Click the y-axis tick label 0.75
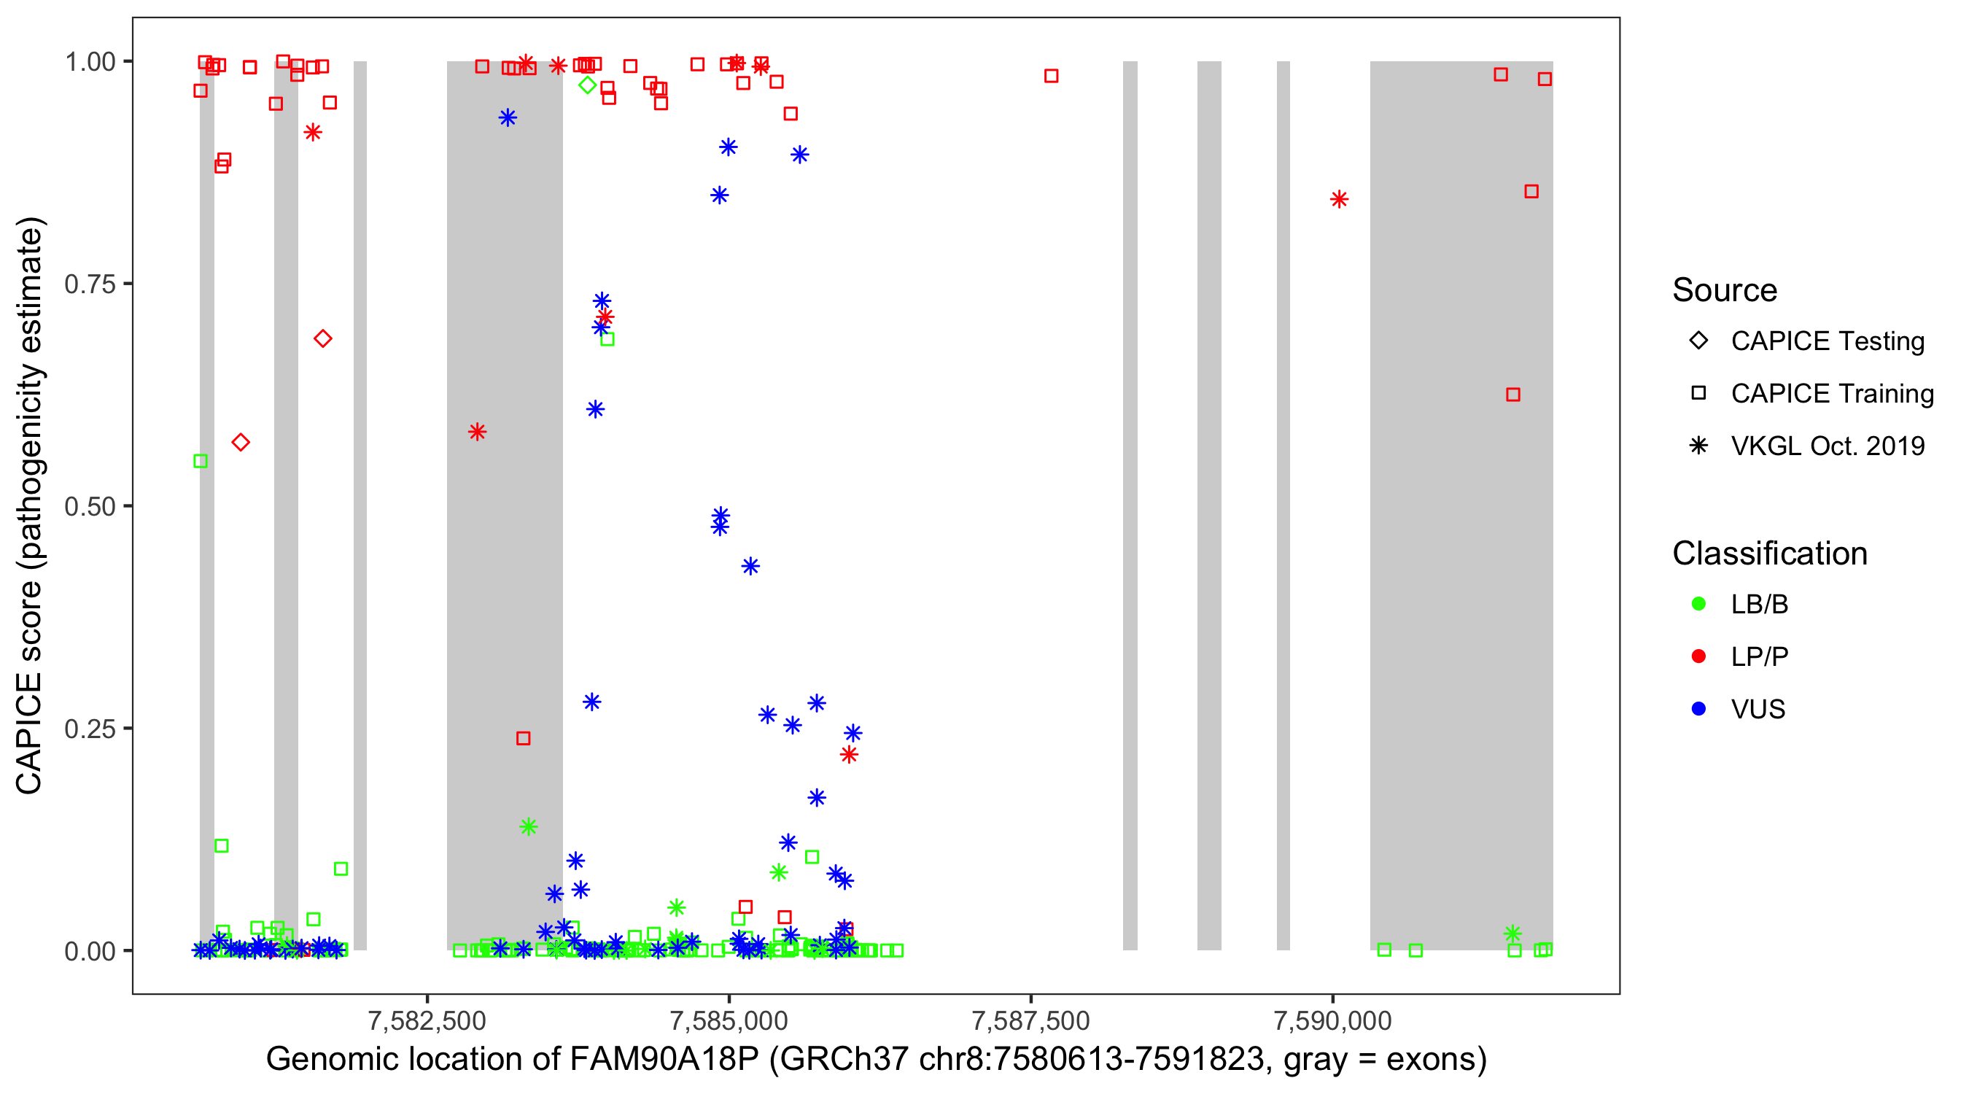pyautogui.click(x=89, y=284)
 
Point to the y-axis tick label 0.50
pyautogui.click(x=89, y=506)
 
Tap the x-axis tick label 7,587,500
pyautogui.click(x=1030, y=1020)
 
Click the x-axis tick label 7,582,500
pyautogui.click(x=427, y=1020)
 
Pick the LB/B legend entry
pyautogui.click(x=1759, y=604)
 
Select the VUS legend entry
pyautogui.click(x=1758, y=710)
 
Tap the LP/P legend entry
pyautogui.click(x=1759, y=656)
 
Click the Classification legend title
pyautogui.click(x=1768, y=554)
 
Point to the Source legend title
pyautogui.click(x=1724, y=290)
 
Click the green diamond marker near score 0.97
pyautogui.click(x=587, y=85)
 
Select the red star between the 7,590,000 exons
pyautogui.click(x=1338, y=200)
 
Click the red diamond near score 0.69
pyautogui.click(x=322, y=338)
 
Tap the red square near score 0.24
pyautogui.click(x=523, y=739)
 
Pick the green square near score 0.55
pyautogui.click(x=201, y=461)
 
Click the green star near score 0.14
pyautogui.click(x=528, y=826)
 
